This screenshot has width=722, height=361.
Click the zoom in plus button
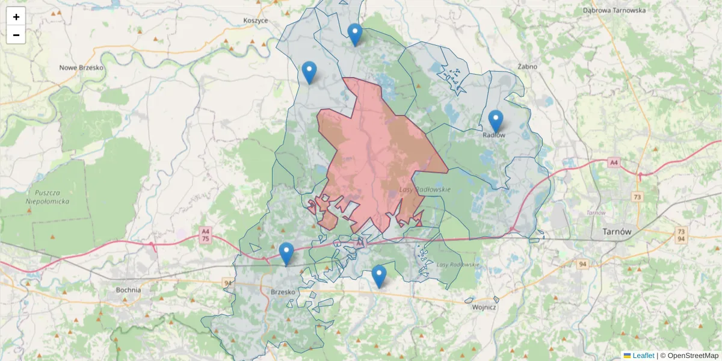(x=16, y=17)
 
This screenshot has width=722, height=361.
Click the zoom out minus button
(x=16, y=35)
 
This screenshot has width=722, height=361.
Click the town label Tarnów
(x=616, y=232)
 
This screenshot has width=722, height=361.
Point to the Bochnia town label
(x=128, y=290)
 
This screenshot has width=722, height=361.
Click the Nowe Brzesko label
(x=82, y=68)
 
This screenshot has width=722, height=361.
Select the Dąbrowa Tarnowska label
(x=614, y=10)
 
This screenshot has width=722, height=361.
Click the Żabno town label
(x=527, y=67)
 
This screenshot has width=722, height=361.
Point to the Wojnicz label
(x=484, y=307)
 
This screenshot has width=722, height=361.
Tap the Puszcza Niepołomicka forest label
(x=46, y=197)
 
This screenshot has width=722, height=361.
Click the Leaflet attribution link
(x=643, y=356)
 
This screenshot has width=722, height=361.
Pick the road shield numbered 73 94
(x=680, y=235)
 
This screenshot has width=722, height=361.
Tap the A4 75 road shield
(x=206, y=235)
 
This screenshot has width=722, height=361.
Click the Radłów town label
(x=494, y=135)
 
